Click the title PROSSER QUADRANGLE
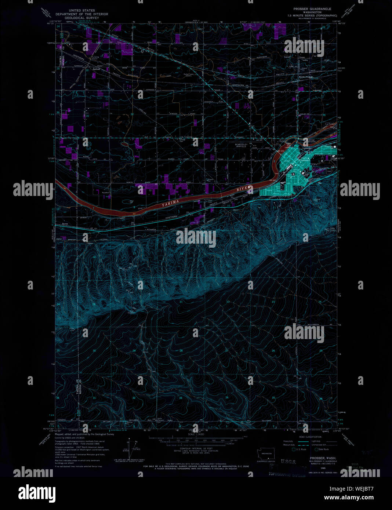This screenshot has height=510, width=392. [312, 9]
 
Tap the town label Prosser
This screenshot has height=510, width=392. [304, 160]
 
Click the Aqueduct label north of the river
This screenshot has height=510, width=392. [98, 191]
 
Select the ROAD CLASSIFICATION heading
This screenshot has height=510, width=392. [310, 437]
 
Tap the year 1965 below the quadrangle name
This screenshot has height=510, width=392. [313, 469]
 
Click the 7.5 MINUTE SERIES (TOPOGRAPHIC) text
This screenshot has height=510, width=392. [315, 15]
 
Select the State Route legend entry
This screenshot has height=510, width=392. [323, 449]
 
